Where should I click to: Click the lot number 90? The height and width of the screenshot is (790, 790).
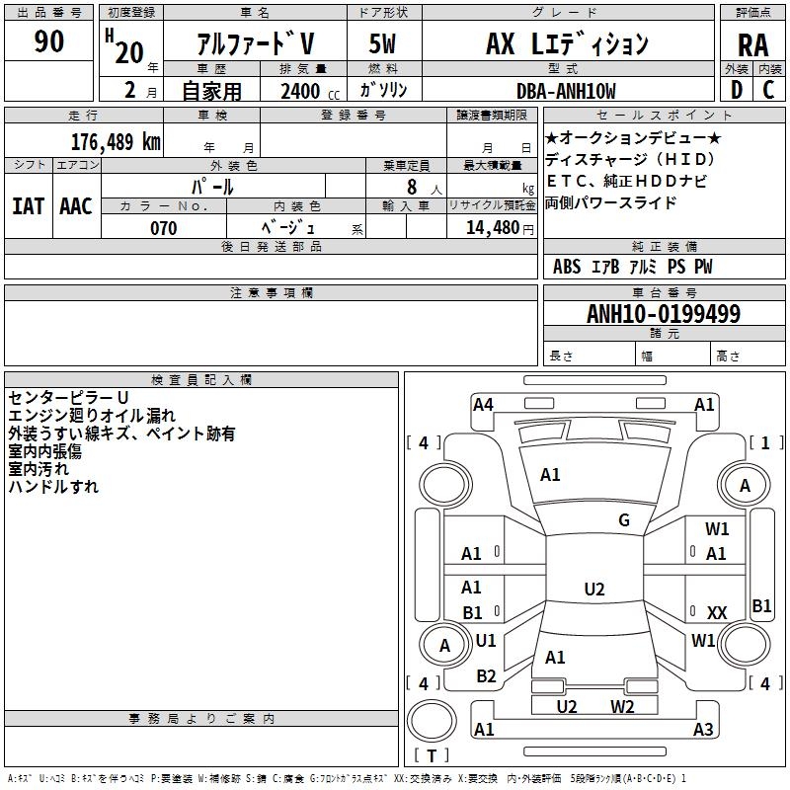[48, 41]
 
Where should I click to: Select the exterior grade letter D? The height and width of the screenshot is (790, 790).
[736, 90]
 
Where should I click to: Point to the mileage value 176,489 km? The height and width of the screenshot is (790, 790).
[116, 140]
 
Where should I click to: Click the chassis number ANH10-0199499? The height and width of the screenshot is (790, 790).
[663, 314]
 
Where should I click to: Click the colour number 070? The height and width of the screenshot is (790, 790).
[163, 228]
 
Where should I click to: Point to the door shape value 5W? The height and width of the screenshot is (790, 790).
[383, 44]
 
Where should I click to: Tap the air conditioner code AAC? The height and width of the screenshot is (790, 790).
[76, 206]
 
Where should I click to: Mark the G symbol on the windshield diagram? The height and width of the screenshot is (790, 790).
[624, 520]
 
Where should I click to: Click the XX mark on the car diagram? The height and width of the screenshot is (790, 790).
[717, 613]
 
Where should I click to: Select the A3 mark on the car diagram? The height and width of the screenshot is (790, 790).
[703, 730]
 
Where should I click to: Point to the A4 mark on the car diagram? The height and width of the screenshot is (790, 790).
[483, 404]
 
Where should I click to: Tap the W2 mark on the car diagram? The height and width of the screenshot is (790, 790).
[622, 706]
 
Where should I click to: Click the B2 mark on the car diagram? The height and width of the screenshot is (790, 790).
[486, 676]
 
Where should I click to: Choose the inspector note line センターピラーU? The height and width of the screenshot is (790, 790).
[68, 397]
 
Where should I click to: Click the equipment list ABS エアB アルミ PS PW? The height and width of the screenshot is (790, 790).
[632, 267]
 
